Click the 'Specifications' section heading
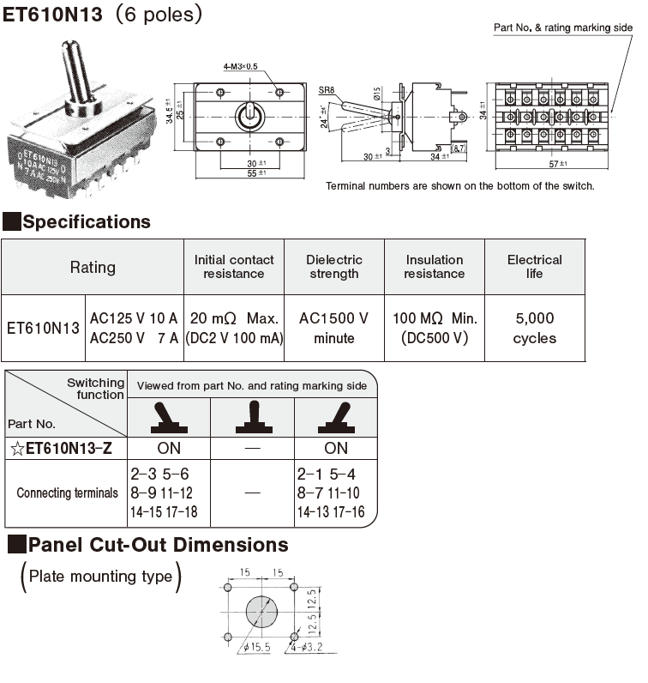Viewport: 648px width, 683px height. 86,222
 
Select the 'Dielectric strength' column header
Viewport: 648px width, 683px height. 334,267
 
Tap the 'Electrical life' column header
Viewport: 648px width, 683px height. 534,267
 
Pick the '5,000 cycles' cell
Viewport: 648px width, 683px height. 534,328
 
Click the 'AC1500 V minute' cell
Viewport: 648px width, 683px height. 334,328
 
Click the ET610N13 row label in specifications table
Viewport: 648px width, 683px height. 43,328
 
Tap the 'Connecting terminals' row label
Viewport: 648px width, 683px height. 67,493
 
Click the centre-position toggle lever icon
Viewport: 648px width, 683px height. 252,418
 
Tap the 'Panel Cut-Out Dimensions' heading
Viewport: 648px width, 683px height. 158,545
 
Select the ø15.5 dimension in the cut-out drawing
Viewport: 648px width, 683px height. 256,648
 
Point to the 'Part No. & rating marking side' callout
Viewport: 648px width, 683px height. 563,27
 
